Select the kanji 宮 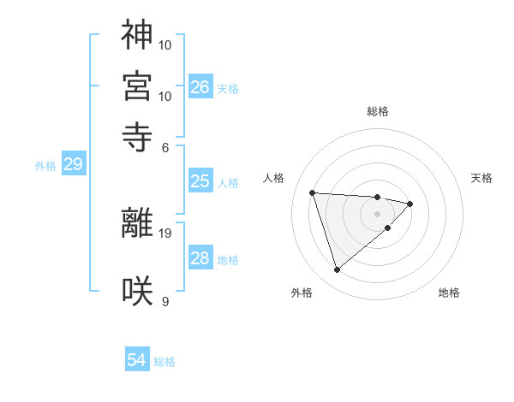(x=137, y=86)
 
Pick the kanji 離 (x=137, y=222)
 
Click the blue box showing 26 (x=200, y=86)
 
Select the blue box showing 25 (x=200, y=181)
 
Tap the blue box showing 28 (x=200, y=258)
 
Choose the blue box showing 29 (x=73, y=164)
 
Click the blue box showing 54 (x=137, y=360)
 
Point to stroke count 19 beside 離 (x=165, y=233)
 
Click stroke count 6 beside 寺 (x=166, y=147)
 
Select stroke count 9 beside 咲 (x=165, y=301)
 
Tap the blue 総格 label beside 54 (x=164, y=362)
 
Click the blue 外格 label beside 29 (x=45, y=166)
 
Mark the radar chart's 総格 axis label (x=377, y=111)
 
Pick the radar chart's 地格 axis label (x=449, y=293)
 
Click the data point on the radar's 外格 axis (x=337, y=270)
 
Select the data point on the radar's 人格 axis (x=313, y=192)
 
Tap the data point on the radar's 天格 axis (x=410, y=204)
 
